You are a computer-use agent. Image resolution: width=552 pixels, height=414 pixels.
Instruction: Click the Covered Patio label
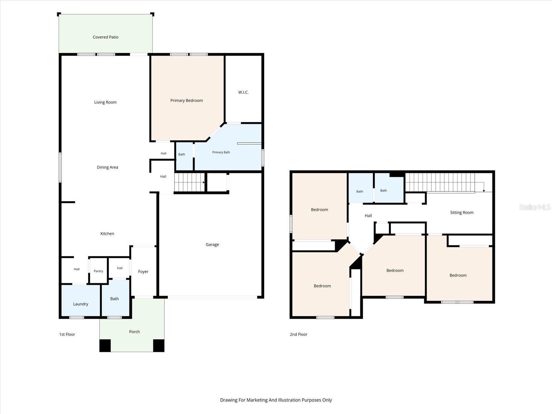[x=105, y=37]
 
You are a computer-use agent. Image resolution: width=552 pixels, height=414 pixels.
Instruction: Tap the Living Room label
[x=105, y=102]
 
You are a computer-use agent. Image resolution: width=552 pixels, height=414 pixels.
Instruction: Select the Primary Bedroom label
[x=186, y=100]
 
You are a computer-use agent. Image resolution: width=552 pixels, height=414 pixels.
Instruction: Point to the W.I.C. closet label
[x=243, y=92]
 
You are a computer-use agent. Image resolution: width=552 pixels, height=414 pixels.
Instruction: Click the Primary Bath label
[x=221, y=152]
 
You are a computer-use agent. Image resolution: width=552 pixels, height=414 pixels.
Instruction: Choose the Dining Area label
[x=107, y=167]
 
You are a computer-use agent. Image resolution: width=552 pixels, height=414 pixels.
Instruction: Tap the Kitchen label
[x=107, y=234]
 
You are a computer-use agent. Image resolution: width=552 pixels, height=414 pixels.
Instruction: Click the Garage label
[x=212, y=244]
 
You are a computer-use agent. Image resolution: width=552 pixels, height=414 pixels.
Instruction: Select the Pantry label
[x=98, y=271]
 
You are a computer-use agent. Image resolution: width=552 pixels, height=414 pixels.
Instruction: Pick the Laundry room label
[x=80, y=304]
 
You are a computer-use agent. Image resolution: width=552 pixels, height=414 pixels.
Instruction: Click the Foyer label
[x=143, y=272]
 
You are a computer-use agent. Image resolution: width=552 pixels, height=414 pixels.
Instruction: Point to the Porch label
[x=134, y=332]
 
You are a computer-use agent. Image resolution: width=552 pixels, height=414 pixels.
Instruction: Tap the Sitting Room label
[x=462, y=213]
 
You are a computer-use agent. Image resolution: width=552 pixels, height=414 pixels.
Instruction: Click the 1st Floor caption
[x=67, y=334]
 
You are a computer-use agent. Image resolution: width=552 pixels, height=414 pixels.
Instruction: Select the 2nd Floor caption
[x=298, y=334]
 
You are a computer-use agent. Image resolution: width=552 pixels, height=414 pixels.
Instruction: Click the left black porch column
[x=105, y=346]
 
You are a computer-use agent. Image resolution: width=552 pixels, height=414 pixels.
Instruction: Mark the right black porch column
[x=159, y=346]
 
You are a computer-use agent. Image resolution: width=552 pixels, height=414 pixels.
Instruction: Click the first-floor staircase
[x=189, y=182]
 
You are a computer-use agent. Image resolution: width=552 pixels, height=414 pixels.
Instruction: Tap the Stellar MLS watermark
[x=535, y=207]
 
